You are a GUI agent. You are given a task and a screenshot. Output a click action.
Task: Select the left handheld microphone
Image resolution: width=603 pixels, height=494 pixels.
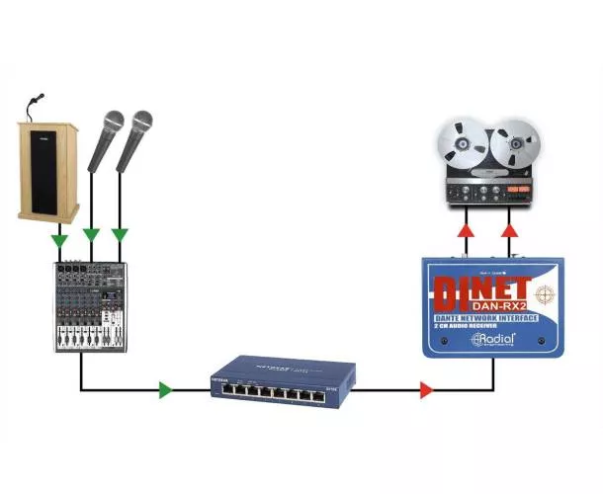(105, 139)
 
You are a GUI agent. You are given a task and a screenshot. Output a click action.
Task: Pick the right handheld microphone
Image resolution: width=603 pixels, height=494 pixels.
(133, 138)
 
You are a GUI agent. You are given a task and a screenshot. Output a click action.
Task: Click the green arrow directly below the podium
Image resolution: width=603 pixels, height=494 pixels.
(60, 238)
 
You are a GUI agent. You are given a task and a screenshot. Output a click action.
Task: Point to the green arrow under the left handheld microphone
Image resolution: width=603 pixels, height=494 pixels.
(91, 235)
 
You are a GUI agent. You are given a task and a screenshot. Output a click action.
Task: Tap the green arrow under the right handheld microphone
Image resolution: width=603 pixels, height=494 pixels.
(120, 235)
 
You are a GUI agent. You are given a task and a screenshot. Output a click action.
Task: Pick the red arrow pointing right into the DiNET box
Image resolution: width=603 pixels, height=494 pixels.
(426, 390)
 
